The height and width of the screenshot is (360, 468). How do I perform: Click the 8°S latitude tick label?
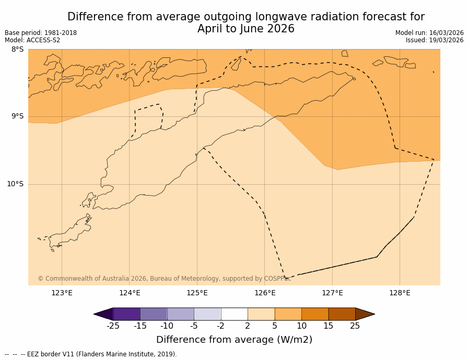pyautogui.click(x=17, y=50)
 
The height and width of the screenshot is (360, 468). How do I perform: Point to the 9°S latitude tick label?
pyautogui.click(x=17, y=116)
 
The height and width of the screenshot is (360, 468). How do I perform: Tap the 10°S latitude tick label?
pyautogui.click(x=15, y=184)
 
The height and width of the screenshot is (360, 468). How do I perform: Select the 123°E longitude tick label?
pyautogui.click(x=62, y=293)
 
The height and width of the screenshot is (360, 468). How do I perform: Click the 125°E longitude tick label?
pyautogui.click(x=197, y=293)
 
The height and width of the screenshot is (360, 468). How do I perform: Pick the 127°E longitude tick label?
pyautogui.click(x=332, y=293)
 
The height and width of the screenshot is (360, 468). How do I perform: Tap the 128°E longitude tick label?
pyautogui.click(x=400, y=293)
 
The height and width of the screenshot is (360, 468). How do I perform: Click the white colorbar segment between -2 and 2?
pyautogui.click(x=235, y=314)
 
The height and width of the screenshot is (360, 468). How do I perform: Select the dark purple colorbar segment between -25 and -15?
pyautogui.click(x=126, y=314)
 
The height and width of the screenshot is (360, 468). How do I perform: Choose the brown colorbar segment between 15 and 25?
pyautogui.click(x=342, y=314)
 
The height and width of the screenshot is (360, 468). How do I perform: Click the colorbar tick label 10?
pyautogui.click(x=301, y=326)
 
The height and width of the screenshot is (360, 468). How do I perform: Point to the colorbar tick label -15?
pyautogui.click(x=140, y=326)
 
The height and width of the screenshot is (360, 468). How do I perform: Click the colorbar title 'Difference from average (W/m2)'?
pyautogui.click(x=234, y=340)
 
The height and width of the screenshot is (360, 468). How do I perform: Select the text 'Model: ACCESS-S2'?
pyautogui.click(x=32, y=40)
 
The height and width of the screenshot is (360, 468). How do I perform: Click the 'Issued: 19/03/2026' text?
pyautogui.click(x=435, y=40)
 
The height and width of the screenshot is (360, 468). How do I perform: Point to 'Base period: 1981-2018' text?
pyautogui.click(x=41, y=33)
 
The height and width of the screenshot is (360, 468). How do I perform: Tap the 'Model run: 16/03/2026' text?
pyautogui.click(x=429, y=33)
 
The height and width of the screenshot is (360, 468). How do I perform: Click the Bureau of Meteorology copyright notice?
pyautogui.click(x=164, y=279)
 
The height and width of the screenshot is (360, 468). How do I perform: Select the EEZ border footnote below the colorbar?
pyautogui.click(x=91, y=354)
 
